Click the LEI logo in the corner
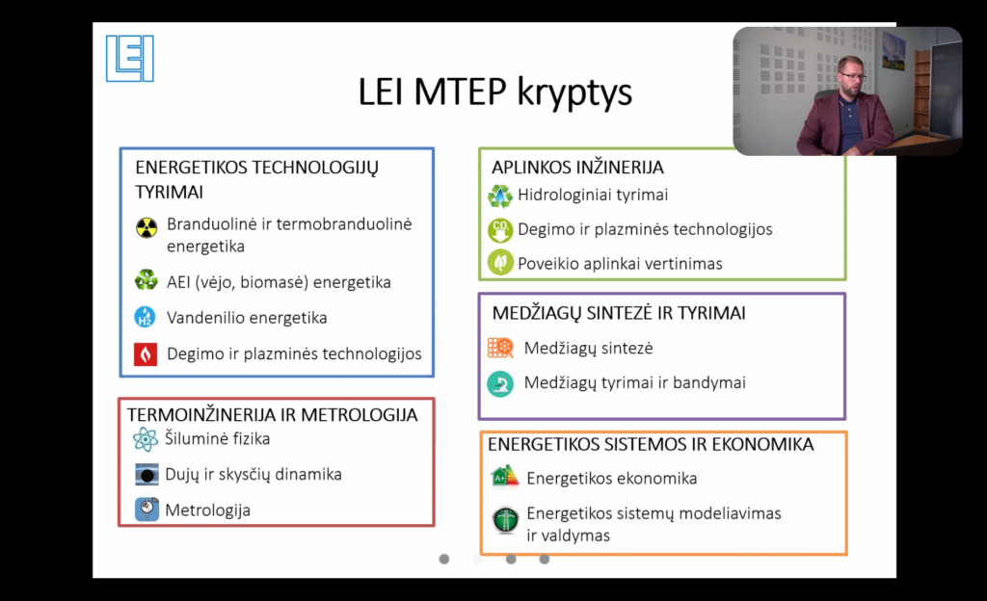click(x=130, y=59)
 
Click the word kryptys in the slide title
click(x=574, y=93)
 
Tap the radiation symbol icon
click(x=147, y=227)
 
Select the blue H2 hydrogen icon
click(x=146, y=317)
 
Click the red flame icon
click(x=146, y=353)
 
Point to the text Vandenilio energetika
click(x=247, y=318)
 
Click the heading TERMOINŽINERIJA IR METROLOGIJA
click(x=272, y=415)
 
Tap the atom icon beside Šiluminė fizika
click(x=146, y=439)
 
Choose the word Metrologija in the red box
click(x=208, y=510)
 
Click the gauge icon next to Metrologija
click(x=147, y=510)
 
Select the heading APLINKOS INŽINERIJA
click(x=577, y=168)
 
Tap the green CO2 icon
click(x=500, y=230)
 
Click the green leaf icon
click(x=500, y=263)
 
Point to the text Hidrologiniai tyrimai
click(x=593, y=195)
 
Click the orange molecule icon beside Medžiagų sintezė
click(x=500, y=348)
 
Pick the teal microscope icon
click(x=500, y=383)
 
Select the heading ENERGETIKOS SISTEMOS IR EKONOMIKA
click(x=651, y=444)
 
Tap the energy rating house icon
click(x=505, y=477)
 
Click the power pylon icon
click(x=505, y=520)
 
